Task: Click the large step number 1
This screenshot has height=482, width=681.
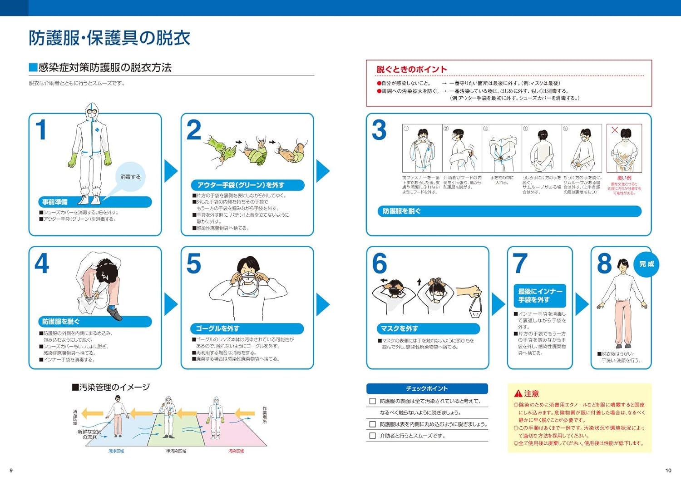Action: pyautogui.click(x=41, y=130)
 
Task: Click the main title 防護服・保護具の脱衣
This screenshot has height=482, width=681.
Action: pyautogui.click(x=109, y=38)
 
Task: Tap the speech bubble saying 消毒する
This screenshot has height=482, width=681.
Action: pyautogui.click(x=130, y=177)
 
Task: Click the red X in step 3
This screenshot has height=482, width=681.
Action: pyautogui.click(x=614, y=130)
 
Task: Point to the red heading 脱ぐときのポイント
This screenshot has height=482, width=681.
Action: pyautogui.click(x=411, y=70)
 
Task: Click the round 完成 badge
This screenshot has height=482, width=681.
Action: pyautogui.click(x=646, y=264)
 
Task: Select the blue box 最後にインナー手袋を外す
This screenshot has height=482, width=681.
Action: pyautogui.click(x=540, y=296)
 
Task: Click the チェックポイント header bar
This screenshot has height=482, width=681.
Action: pyautogui.click(x=427, y=388)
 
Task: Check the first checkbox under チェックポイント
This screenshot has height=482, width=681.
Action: pyautogui.click(x=373, y=401)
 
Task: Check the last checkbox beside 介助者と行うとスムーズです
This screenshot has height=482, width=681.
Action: pyautogui.click(x=373, y=436)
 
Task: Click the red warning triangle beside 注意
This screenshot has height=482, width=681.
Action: pyautogui.click(x=518, y=393)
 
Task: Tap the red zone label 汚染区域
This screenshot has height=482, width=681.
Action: pyautogui.click(x=236, y=451)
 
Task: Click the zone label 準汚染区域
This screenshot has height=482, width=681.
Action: pyautogui.click(x=176, y=451)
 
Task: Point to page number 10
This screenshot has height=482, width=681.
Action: pyautogui.click(x=668, y=471)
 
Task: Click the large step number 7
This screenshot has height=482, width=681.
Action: pyautogui.click(x=520, y=263)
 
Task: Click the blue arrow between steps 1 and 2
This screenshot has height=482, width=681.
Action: pyautogui.click(x=171, y=171)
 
